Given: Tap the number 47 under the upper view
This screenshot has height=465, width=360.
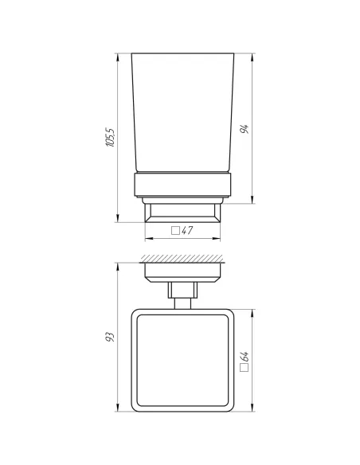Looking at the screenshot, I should [188, 231].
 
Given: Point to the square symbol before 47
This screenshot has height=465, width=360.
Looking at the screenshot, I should [174, 231].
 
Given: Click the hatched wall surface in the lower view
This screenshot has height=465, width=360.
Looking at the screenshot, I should [182, 260].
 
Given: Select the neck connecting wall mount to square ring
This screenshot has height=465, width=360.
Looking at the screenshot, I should [182, 296].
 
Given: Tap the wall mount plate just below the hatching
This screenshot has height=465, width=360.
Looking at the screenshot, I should [182, 272].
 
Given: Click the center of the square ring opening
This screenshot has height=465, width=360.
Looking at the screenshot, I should [182, 361].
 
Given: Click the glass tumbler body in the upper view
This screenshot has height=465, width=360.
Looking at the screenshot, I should [182, 111].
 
